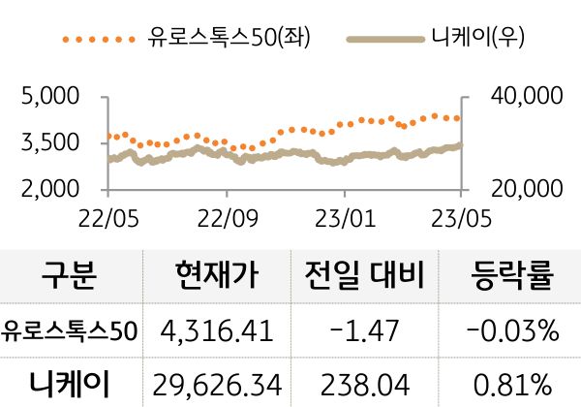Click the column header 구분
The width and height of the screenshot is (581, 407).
point(70,279)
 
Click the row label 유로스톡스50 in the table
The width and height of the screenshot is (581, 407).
point(70,331)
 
